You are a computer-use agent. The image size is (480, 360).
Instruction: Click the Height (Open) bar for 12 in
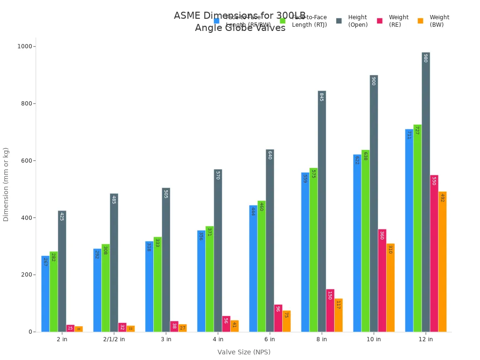pyautogui.click(x=426, y=192)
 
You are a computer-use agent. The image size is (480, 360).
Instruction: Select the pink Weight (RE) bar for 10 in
pyautogui.click(x=382, y=280)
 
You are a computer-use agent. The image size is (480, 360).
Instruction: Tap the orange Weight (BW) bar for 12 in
pyautogui.click(x=442, y=262)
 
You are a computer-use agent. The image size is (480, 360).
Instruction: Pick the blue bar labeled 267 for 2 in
pyautogui.click(x=45, y=294)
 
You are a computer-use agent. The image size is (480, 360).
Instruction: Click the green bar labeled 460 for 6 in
pyautogui.click(x=261, y=266)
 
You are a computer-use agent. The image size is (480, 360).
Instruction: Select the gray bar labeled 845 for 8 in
pyautogui.click(x=322, y=211)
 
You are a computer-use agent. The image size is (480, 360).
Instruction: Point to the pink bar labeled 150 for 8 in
pyautogui.click(x=330, y=310)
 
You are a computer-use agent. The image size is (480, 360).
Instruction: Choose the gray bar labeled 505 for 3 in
pyautogui.click(x=166, y=260)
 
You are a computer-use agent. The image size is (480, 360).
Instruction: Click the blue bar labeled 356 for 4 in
pyautogui.click(x=201, y=281)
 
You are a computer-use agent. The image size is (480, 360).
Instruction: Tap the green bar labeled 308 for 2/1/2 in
pyautogui.click(x=105, y=288)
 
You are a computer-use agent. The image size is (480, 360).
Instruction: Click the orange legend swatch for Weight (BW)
pyautogui.click(x=420, y=21)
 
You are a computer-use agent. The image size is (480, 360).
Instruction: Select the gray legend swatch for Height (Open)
pyautogui.click(x=339, y=21)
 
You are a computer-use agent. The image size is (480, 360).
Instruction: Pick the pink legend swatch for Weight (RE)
pyautogui.click(x=380, y=21)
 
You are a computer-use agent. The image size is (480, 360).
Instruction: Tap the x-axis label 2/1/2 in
pyautogui.click(x=114, y=339)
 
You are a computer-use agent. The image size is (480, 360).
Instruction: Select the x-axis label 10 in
pyautogui.click(x=374, y=339)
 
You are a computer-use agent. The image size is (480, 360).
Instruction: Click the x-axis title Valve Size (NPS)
pyautogui.click(x=244, y=352)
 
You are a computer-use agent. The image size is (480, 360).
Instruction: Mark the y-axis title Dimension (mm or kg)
pyautogui.click(x=6, y=184)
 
